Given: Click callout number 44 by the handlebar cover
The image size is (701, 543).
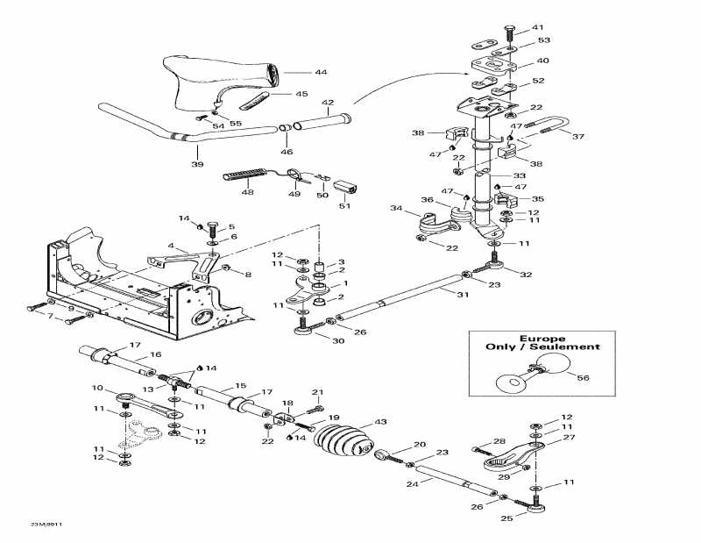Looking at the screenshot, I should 297,72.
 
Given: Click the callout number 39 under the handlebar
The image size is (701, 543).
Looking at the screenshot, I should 197,165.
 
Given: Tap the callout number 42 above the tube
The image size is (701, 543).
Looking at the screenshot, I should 327,103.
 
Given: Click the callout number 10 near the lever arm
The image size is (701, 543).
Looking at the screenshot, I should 98,387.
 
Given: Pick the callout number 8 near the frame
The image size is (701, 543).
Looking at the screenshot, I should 247,275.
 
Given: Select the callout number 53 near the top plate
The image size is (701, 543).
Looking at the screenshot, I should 544,41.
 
